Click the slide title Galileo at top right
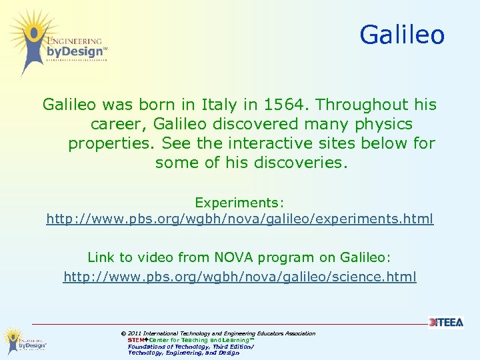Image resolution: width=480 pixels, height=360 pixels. point(402,35)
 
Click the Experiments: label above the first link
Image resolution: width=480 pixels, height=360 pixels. point(239,201)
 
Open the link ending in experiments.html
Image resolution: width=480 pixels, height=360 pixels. point(239,219)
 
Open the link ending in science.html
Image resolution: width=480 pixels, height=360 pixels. point(239,276)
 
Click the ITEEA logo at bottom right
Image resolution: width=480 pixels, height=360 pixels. point(446,323)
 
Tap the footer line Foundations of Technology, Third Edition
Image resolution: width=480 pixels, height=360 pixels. point(191,347)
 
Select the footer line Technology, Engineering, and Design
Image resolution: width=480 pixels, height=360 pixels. point(183,353)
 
